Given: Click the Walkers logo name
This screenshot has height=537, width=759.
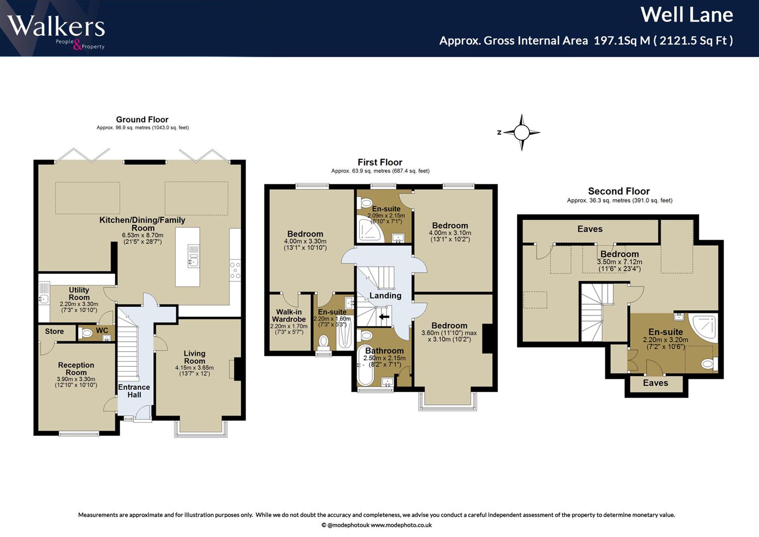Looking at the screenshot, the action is click(56, 26).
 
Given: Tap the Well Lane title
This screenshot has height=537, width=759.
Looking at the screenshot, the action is click(687, 15).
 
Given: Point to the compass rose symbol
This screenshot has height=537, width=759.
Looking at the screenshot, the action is click(521, 132).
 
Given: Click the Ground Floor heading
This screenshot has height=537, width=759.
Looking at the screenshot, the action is click(142, 119).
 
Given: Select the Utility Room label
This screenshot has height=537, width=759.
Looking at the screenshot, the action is click(79, 293).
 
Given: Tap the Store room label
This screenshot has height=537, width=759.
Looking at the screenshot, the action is click(54, 331).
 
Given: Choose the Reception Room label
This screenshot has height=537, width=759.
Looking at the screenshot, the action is click(76, 368).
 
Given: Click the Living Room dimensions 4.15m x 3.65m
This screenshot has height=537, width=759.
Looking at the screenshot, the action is click(194, 367).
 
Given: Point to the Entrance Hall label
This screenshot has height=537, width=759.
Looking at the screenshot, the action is click(134, 391).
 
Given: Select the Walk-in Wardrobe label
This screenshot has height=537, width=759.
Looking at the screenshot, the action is click(289, 315).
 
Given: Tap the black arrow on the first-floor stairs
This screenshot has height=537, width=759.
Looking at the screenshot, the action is click(384, 317).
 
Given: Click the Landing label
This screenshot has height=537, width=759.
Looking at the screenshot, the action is click(385, 296).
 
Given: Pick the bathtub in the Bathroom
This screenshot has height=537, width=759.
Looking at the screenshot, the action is click(365, 365).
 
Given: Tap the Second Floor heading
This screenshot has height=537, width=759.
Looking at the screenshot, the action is click(619, 191).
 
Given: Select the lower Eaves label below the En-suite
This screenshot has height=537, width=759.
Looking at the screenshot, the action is click(656, 383).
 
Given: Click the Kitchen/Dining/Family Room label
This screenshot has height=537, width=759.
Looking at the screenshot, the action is click(142, 224).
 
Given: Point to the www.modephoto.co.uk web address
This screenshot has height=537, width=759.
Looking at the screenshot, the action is click(401, 525).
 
